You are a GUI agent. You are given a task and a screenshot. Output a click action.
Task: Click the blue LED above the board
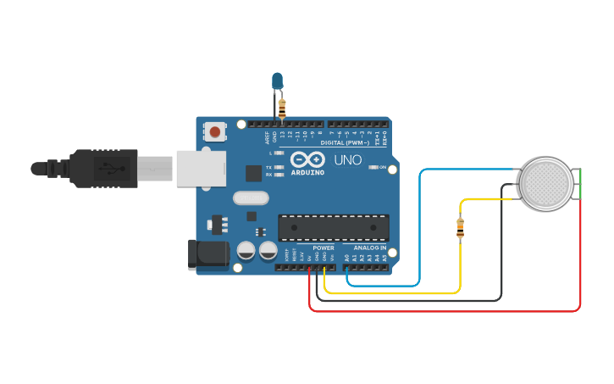tap(277, 81)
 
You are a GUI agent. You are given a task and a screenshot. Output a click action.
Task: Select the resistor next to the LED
tap(282, 109)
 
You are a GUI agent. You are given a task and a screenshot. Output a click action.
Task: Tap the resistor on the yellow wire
tap(460, 227)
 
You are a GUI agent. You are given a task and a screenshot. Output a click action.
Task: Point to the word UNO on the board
tap(347, 159)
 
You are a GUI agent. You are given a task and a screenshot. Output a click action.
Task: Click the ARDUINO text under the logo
tap(307, 172)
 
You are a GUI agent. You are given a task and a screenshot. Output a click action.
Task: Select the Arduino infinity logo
tap(307, 159)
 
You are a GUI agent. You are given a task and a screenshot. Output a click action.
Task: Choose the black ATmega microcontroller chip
tap(334, 227)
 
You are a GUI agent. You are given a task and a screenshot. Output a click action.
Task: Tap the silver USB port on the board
tap(201, 168)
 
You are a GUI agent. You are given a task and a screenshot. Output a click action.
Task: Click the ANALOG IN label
tap(369, 248)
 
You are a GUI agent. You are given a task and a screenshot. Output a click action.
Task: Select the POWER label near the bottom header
tap(323, 248)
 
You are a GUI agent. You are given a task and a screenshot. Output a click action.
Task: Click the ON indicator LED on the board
tap(373, 167)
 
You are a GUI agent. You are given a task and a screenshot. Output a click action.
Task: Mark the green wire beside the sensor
tap(581, 184)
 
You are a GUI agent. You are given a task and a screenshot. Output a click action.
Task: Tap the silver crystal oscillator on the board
tap(249, 198)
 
